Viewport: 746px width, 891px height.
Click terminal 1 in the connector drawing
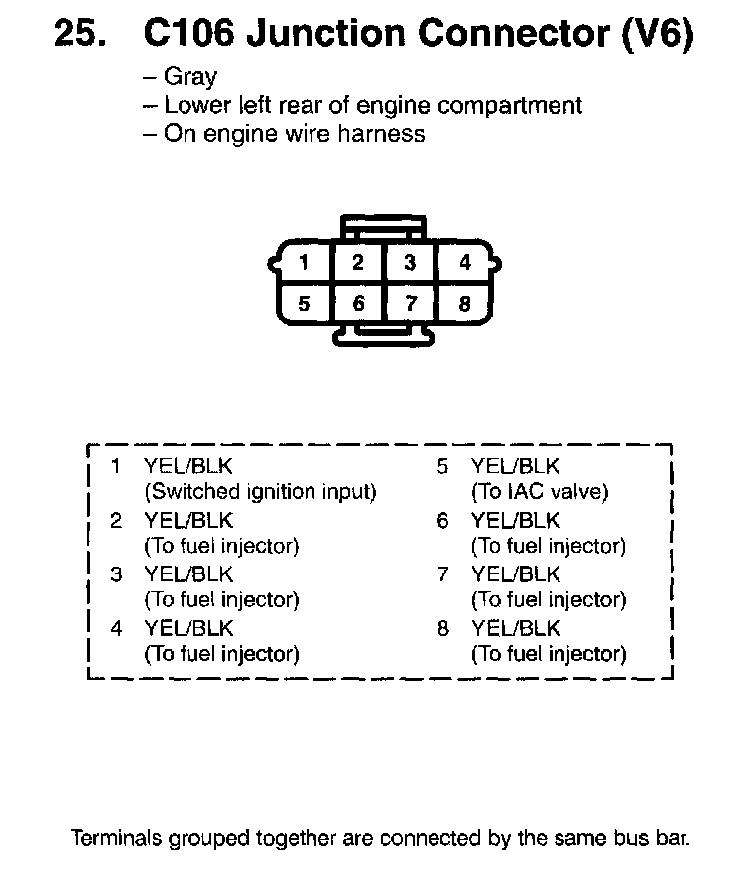(304, 263)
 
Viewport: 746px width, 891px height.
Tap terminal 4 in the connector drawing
(464, 263)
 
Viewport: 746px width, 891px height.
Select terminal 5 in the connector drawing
(304, 304)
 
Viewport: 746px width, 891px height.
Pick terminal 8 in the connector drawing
(464, 304)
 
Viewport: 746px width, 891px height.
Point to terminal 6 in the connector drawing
(358, 304)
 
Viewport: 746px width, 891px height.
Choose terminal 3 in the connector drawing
(410, 263)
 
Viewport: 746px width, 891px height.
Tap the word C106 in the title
(188, 36)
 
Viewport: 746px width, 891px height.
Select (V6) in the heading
(656, 36)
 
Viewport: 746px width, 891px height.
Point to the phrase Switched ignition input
(261, 491)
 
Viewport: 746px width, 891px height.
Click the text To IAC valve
(540, 491)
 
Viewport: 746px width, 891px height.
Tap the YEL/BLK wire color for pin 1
(188, 466)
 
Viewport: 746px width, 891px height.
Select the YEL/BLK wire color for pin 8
(516, 628)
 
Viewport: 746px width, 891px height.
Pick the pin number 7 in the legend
(442, 574)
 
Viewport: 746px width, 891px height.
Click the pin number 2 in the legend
(116, 520)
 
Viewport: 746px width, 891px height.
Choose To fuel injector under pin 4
(221, 654)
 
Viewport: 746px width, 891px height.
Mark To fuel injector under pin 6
(549, 546)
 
